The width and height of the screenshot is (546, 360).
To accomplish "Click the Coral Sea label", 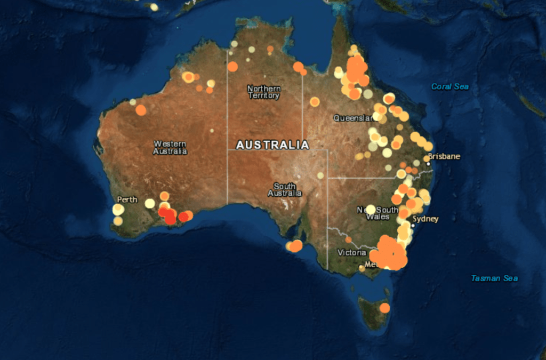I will click(449, 86).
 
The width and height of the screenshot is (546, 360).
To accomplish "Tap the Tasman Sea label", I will click(494, 278).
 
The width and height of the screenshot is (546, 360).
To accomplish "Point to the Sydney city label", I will click(425, 219).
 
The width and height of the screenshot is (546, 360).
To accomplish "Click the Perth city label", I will click(127, 199).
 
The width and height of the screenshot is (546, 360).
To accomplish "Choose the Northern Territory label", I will click(263, 92).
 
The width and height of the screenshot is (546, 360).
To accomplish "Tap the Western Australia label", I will click(170, 147).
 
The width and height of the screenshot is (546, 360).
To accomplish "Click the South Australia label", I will click(285, 190).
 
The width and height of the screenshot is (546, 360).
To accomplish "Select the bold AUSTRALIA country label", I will click(272, 145).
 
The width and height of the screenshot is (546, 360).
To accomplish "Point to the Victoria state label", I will click(351, 252).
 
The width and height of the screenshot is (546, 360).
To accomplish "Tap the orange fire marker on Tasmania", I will click(384, 308).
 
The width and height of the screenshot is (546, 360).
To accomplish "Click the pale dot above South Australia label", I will click(320, 175).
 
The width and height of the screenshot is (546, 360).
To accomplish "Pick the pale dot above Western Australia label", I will click(212, 130).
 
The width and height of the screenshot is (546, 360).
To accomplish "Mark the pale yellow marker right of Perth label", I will click(150, 203).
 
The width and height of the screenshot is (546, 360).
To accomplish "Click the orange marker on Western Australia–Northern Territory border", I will click(232, 67).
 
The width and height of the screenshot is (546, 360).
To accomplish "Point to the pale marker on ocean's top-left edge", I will click(154, 7).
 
